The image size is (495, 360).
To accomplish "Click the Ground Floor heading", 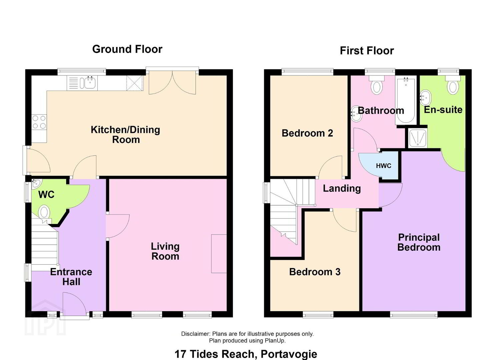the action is click(127, 49).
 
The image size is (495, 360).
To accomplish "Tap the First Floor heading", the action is click(367, 51).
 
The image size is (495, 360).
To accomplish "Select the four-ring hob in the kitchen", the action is click(39, 122).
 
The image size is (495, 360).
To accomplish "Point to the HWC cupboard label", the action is click(384, 166).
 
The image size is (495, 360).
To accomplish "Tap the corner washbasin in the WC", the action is click(36, 184).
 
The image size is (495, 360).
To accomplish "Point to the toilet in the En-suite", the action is click(453, 85).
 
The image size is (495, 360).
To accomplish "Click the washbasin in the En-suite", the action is click(426, 97).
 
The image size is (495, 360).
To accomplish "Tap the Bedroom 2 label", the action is click(307, 133).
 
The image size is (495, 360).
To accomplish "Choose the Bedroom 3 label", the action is click(315, 272).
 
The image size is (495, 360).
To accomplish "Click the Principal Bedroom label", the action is click(419, 242).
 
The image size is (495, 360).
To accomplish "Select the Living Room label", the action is click(165, 251).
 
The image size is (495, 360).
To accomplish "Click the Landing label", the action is click(342, 188).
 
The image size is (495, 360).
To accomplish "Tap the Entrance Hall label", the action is click(71, 277).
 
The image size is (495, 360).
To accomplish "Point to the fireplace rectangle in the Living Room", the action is click(219, 254).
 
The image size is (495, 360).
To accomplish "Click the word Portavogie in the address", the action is click(289, 354).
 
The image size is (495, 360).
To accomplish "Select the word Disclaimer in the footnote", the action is click(195, 334).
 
